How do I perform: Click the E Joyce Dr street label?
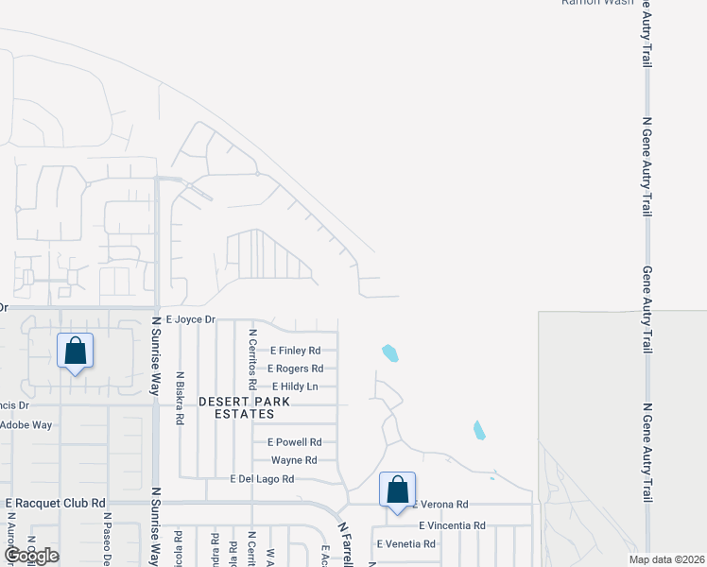(190, 320)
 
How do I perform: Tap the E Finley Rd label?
(295, 351)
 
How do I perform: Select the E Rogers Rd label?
(295, 369)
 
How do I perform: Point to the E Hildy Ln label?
(295, 387)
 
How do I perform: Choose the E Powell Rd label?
(295, 441)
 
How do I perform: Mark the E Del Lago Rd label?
(262, 479)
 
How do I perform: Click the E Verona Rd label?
(441, 505)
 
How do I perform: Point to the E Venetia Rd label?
(405, 544)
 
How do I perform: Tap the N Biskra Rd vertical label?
(179, 397)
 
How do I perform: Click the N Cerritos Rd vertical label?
(252, 359)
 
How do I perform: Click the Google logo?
(31, 556)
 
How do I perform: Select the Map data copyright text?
(666, 559)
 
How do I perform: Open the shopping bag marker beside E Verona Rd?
(398, 490)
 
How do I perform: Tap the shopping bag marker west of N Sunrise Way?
(75, 352)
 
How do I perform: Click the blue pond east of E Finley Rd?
(389, 354)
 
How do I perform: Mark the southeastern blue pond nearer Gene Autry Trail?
(478, 430)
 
